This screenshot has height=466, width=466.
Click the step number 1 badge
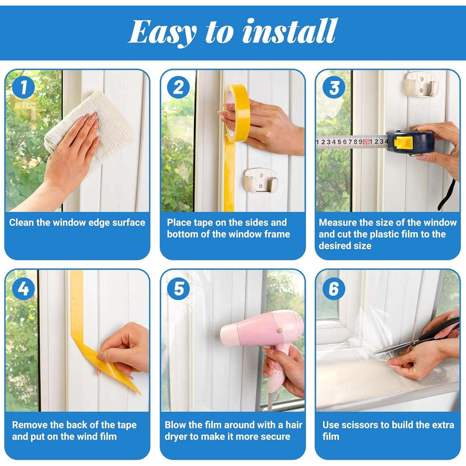click(23, 87)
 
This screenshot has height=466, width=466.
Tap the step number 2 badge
click(179, 87)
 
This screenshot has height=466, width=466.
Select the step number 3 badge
click(334, 87)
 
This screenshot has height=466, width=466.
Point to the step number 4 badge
click(23, 289)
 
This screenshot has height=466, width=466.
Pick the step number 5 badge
click(179, 289)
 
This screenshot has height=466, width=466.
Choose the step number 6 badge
click(334, 289)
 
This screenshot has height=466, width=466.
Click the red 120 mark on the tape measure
click(366, 142)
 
